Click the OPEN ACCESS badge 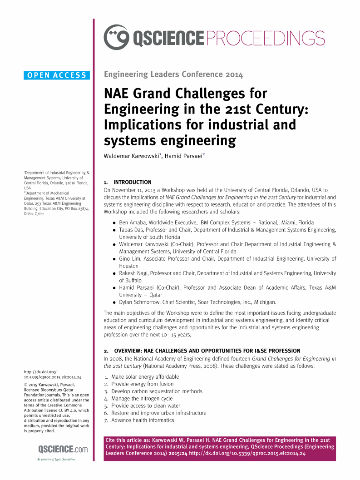[57, 75]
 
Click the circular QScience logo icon [116, 37]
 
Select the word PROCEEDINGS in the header [266, 38]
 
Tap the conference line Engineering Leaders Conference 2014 [173, 74]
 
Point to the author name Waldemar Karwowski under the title [131, 156]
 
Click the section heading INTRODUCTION [132, 182]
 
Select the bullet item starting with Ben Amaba [216, 223]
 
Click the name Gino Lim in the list [129, 259]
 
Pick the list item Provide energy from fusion [142, 384]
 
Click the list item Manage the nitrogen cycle [143, 398]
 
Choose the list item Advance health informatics [143, 420]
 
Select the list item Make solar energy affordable [145, 376]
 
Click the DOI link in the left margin [52, 374]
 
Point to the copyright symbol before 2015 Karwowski [25, 385]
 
